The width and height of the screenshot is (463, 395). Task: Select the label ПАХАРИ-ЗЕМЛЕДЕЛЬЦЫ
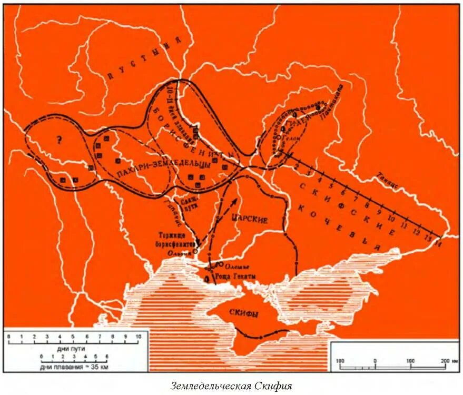point(163,165)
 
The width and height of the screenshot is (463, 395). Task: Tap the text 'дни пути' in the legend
point(71,349)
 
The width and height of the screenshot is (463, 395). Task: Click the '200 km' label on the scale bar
point(445,361)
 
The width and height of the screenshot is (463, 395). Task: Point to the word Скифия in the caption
point(268,386)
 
